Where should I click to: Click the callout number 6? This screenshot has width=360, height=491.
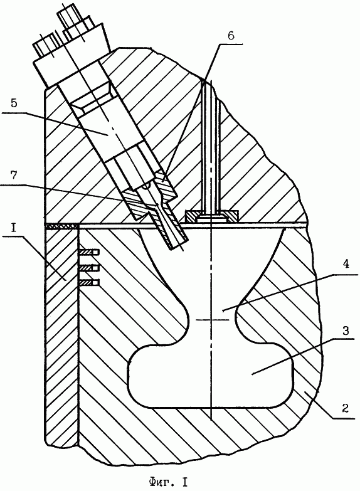231,36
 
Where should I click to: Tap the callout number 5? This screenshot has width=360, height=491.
13,104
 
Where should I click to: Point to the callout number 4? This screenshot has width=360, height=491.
345,265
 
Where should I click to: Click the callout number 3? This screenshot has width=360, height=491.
346,330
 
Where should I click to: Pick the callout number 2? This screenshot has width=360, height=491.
346,409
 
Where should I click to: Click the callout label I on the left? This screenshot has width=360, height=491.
13,228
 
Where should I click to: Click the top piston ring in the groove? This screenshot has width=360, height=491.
90,251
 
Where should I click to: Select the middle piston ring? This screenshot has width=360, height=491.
90,268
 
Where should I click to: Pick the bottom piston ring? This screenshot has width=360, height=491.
90,282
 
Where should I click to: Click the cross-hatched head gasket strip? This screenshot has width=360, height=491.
61,226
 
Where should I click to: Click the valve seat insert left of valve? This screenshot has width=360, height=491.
192,217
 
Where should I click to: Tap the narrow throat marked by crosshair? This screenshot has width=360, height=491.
213,319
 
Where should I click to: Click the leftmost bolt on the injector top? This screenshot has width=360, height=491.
45,47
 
